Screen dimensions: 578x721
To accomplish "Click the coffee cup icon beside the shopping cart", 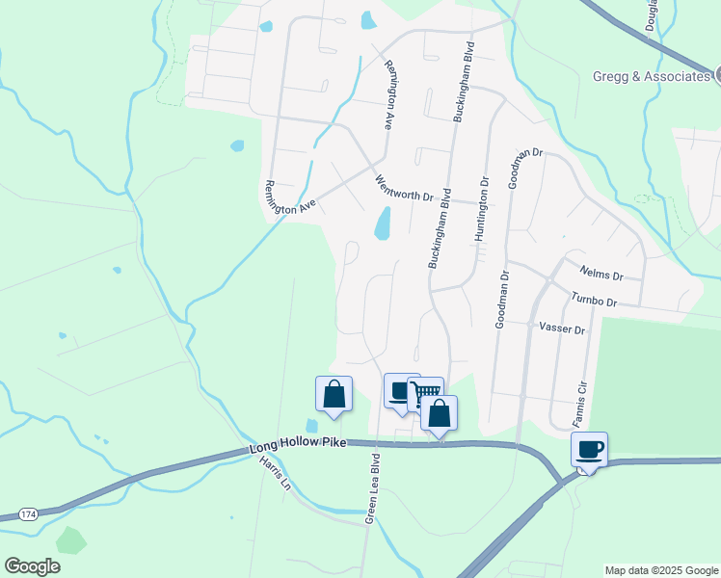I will pyautogui.click(x=399, y=390).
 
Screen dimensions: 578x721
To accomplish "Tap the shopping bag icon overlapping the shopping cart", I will pyautogui.click(x=439, y=413).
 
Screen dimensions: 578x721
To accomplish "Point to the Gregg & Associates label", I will pyautogui.click(x=652, y=75).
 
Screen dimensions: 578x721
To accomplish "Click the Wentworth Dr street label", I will pyautogui.click(x=404, y=188).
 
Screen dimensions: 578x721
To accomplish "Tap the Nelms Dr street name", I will pyautogui.click(x=603, y=274).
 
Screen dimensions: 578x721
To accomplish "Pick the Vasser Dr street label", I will pyautogui.click(x=563, y=328).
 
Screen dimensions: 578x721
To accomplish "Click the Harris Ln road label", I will pyautogui.click(x=274, y=472).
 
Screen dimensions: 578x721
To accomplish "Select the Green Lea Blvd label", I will pyautogui.click(x=372, y=488).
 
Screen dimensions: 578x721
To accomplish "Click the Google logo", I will pyautogui.click(x=32, y=566).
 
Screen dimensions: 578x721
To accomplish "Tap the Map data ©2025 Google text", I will pyautogui.click(x=661, y=570).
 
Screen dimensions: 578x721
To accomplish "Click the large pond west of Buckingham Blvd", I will pyautogui.click(x=383, y=224).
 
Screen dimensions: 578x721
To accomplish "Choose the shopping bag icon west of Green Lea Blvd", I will pyautogui.click(x=334, y=393).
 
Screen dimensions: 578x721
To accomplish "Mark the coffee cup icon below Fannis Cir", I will pyautogui.click(x=589, y=449).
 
